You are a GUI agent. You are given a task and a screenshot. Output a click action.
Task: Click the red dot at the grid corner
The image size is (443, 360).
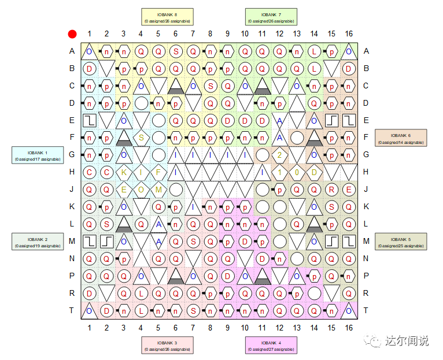tap(72, 34)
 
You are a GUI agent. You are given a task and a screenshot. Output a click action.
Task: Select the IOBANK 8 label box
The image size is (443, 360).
tap(168, 17)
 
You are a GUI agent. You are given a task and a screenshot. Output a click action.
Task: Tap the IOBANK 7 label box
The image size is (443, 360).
tap(271, 17)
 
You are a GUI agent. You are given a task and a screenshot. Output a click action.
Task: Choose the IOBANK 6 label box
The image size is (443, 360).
tap(401, 138)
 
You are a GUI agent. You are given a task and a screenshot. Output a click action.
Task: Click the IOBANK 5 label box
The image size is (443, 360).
tap(401, 242)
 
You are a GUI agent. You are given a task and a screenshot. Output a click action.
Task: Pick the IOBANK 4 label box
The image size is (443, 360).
tap(271, 345)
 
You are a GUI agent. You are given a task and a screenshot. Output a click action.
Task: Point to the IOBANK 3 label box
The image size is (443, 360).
tap(168, 345)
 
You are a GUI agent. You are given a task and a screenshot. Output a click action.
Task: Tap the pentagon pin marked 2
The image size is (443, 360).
tap(279, 155)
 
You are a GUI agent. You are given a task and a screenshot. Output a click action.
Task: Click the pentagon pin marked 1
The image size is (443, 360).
tap(279, 172)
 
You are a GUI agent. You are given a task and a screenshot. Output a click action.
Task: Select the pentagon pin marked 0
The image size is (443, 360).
tap(297, 172)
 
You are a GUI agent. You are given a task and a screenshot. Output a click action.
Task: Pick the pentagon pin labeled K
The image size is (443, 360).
tap(124, 172)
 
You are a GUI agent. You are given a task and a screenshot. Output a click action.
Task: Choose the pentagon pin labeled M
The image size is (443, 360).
tap(158, 190)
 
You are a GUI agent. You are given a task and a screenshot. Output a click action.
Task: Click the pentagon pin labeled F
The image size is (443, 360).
tap(158, 172)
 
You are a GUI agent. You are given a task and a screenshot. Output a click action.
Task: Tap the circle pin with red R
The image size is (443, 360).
tap(331, 190)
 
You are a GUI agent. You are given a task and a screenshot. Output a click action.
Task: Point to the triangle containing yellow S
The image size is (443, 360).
tap(141, 137)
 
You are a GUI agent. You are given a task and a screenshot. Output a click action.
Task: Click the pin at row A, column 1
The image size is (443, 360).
tap(89, 51)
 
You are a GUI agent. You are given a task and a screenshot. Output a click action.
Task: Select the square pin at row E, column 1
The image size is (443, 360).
tap(89, 120)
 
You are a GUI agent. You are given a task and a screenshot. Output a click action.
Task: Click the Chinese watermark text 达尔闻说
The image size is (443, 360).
tap(407, 341)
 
